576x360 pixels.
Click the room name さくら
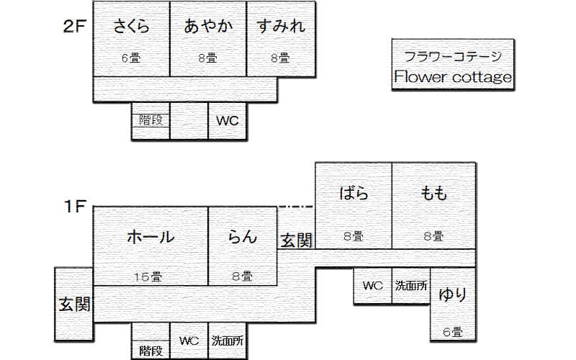(x=132, y=27)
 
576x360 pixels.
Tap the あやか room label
(x=208, y=27)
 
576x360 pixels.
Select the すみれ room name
(x=281, y=27)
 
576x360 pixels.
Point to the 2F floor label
(x=75, y=27)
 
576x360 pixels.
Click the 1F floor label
(x=75, y=207)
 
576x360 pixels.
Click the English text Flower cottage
(x=453, y=77)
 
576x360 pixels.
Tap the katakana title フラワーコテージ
(x=453, y=56)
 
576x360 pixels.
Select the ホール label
(x=150, y=236)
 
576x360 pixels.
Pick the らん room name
(x=243, y=236)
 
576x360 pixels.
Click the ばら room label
(x=353, y=193)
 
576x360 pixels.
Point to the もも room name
(x=433, y=193)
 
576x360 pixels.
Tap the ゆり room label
(x=453, y=294)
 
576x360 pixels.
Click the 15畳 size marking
(x=150, y=276)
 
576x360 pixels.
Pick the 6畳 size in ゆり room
(x=452, y=332)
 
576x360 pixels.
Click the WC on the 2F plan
(x=228, y=121)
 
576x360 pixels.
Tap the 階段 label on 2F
(x=150, y=121)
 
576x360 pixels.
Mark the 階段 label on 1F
(x=150, y=351)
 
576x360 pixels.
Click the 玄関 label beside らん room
(x=296, y=240)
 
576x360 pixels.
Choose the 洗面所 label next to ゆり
(x=410, y=285)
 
